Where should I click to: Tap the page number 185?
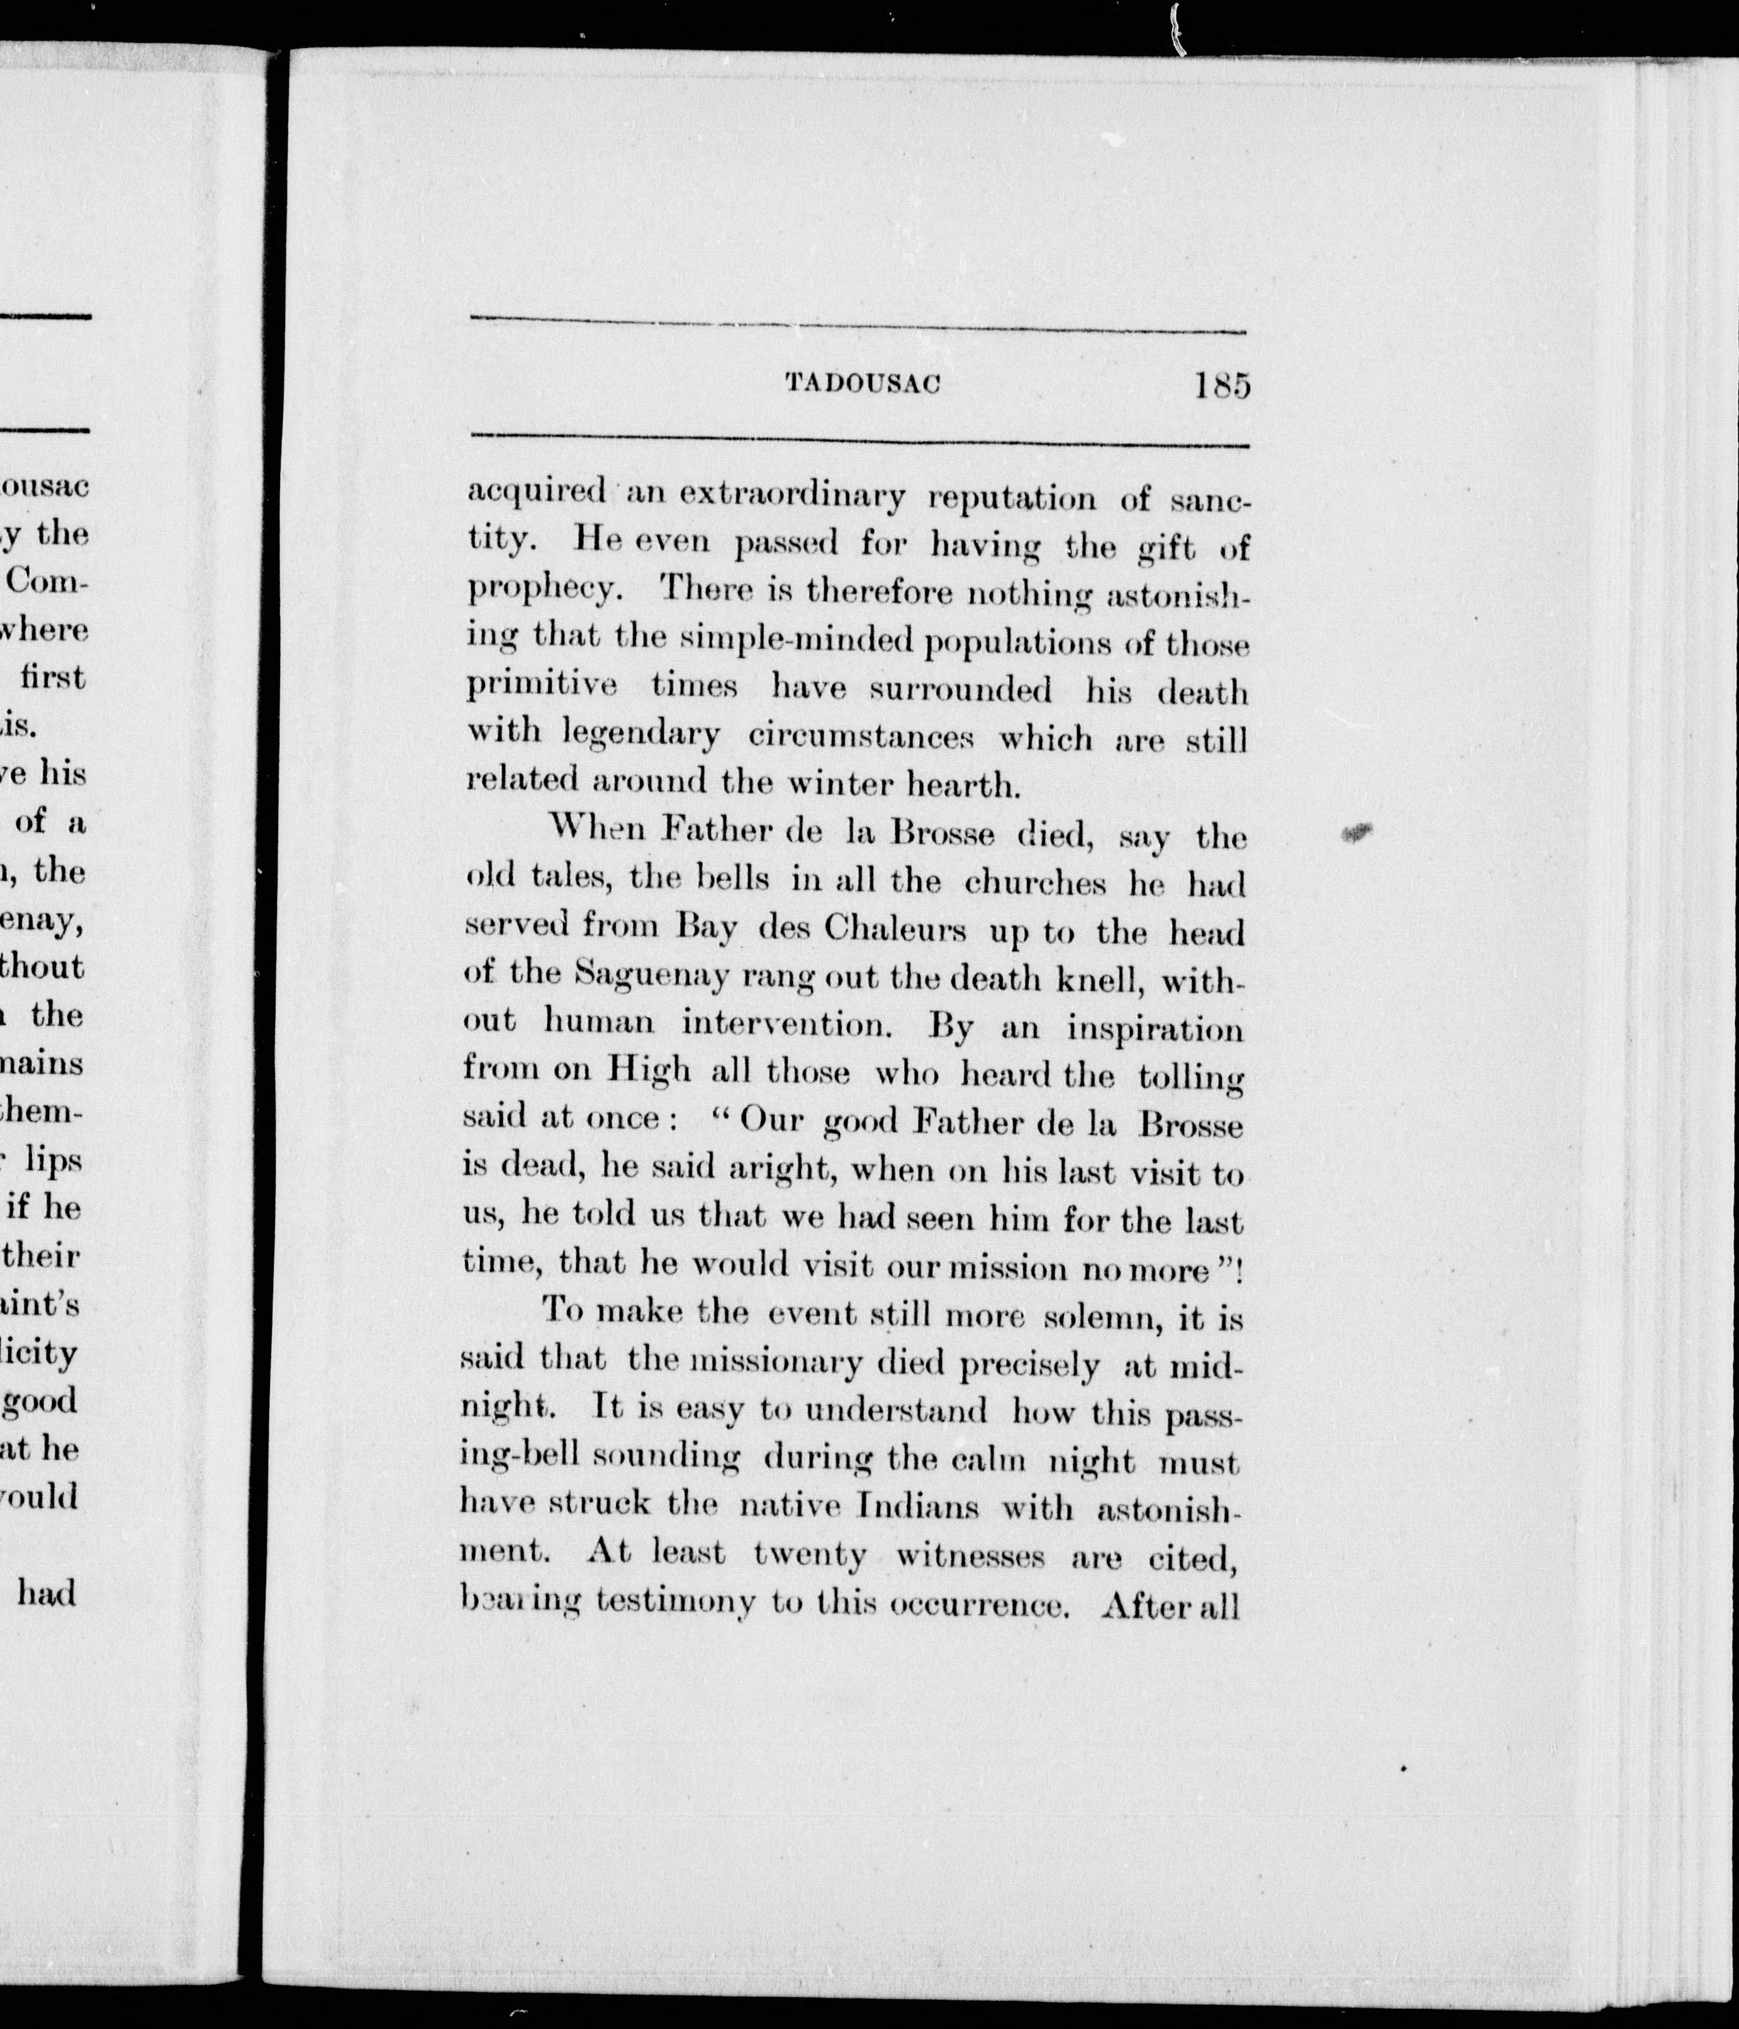1221,385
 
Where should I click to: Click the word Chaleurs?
895,928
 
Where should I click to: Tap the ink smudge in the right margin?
1356,833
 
